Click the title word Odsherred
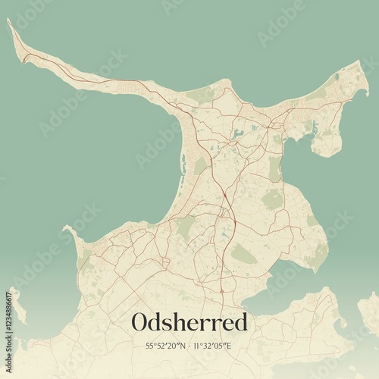(x=189, y=322)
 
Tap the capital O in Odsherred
(x=140, y=322)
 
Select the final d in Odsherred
(x=240, y=322)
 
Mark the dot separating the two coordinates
(x=189, y=346)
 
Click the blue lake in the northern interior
(x=238, y=134)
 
